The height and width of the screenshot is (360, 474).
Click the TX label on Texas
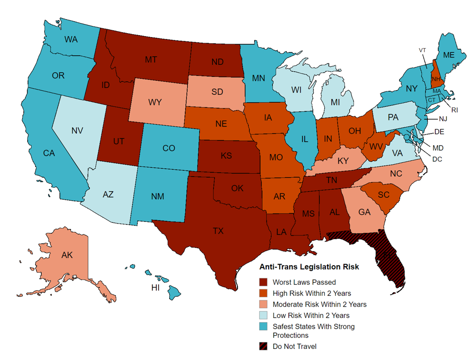(218, 231)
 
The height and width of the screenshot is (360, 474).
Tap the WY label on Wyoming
(155, 102)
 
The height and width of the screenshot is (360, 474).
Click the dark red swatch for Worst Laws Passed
(264, 282)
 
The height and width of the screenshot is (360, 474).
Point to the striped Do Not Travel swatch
(264, 346)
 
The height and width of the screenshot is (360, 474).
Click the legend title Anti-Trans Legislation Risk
(308, 267)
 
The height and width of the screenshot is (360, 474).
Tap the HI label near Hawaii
(156, 288)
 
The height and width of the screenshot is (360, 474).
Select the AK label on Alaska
(67, 255)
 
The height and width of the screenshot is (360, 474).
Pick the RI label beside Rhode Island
(455, 109)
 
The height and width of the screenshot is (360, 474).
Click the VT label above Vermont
(422, 50)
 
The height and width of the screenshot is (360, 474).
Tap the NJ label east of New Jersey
(442, 119)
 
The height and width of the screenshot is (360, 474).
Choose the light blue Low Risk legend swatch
(264, 315)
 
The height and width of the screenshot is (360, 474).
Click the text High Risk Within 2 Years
(311, 293)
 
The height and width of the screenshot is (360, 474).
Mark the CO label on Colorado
(169, 148)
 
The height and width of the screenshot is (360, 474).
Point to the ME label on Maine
(449, 55)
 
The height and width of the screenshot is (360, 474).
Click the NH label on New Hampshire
(435, 78)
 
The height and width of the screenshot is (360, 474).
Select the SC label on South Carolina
(384, 195)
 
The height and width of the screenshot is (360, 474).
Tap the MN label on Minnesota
(259, 78)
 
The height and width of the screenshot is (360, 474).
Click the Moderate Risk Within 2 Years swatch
(264, 304)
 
